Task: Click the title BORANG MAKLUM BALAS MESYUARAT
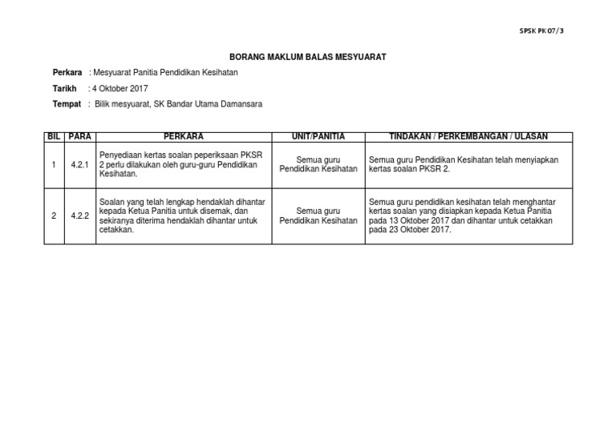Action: [308, 58]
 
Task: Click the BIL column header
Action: [54, 137]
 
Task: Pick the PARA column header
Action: [80, 137]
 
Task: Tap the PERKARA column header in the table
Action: [184, 137]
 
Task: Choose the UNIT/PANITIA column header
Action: [318, 137]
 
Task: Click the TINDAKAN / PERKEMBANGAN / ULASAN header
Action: [468, 137]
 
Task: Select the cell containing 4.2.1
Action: [80, 165]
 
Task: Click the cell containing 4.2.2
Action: [80, 215]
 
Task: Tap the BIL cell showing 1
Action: [54, 165]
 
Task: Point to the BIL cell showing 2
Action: [54, 215]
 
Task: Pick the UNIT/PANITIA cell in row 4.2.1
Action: [318, 165]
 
